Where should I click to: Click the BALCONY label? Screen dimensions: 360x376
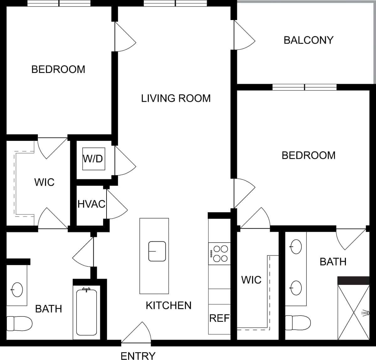click(308, 40)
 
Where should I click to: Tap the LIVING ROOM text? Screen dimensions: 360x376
click(176, 98)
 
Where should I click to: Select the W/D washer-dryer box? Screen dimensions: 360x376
click(93, 159)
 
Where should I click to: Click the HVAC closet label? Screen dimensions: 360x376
click(91, 204)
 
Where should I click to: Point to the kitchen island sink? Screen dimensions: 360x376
click(157, 251)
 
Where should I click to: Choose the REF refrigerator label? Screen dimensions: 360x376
click(219, 318)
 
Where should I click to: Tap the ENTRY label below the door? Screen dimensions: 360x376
click(138, 356)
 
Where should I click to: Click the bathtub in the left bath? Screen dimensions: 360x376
click(86, 312)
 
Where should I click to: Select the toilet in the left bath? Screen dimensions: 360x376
click(19, 323)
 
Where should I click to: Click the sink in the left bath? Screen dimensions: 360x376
click(17, 290)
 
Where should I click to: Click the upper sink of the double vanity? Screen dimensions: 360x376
click(296, 247)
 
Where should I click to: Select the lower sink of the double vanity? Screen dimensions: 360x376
click(296, 288)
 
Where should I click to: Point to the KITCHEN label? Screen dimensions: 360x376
click(169, 305)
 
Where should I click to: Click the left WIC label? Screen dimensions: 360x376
click(44, 182)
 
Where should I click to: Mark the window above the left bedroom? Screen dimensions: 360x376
click(59, 3)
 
